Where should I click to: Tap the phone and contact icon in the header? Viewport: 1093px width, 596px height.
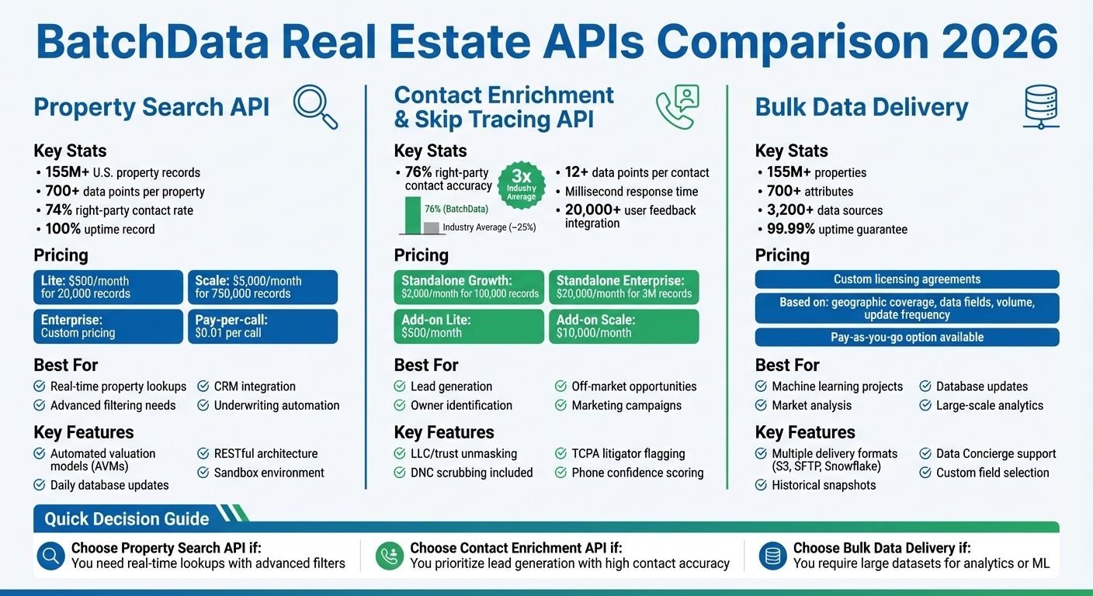677,106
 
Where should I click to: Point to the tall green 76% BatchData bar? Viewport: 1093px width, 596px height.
411,215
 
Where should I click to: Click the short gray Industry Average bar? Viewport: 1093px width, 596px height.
431,227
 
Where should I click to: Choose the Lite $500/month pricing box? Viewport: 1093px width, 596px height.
108,287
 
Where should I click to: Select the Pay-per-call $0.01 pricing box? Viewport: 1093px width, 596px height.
262,326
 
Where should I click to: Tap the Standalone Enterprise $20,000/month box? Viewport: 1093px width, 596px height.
623,287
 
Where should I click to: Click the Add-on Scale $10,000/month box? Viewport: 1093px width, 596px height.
623,326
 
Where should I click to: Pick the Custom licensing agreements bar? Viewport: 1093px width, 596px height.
907,279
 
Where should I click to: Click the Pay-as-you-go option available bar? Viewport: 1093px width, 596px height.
907,338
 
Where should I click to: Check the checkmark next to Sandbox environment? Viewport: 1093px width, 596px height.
203,473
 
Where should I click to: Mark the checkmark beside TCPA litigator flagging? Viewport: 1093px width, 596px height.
561,454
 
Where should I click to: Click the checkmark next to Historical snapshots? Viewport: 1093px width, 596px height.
762,485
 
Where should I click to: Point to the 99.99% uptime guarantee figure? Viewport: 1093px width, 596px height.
784,229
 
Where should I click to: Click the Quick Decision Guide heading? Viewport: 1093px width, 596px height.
127,519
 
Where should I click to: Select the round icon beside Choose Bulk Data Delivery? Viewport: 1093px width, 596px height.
772,556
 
